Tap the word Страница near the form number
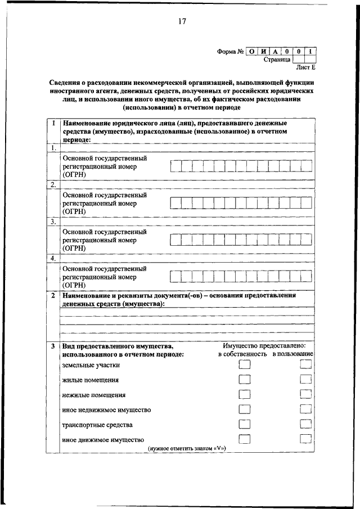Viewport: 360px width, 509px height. pyautogui.click(x=277, y=59)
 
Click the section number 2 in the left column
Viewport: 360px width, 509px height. pyautogui.click(x=52, y=295)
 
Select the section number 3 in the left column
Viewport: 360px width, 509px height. pyautogui.click(x=52, y=345)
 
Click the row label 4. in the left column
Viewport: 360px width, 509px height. pyautogui.click(x=53, y=258)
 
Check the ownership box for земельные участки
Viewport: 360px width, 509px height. pyautogui.click(x=244, y=364)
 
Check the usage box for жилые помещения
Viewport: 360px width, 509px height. pyautogui.click(x=305, y=380)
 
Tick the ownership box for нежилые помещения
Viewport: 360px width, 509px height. pyautogui.click(x=244, y=394)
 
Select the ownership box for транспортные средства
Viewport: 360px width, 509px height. pyautogui.click(x=244, y=424)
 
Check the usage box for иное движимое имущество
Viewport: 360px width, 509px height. pyautogui.click(x=305, y=439)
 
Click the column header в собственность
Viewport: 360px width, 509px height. pyautogui.click(x=242, y=354)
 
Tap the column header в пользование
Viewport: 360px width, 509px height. pyautogui.click(x=293, y=354)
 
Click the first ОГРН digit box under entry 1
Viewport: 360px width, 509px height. pyautogui.click(x=175, y=166)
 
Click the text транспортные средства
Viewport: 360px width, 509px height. pyautogui.click(x=89, y=425)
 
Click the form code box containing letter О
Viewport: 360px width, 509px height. pyautogui.click(x=251, y=51)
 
